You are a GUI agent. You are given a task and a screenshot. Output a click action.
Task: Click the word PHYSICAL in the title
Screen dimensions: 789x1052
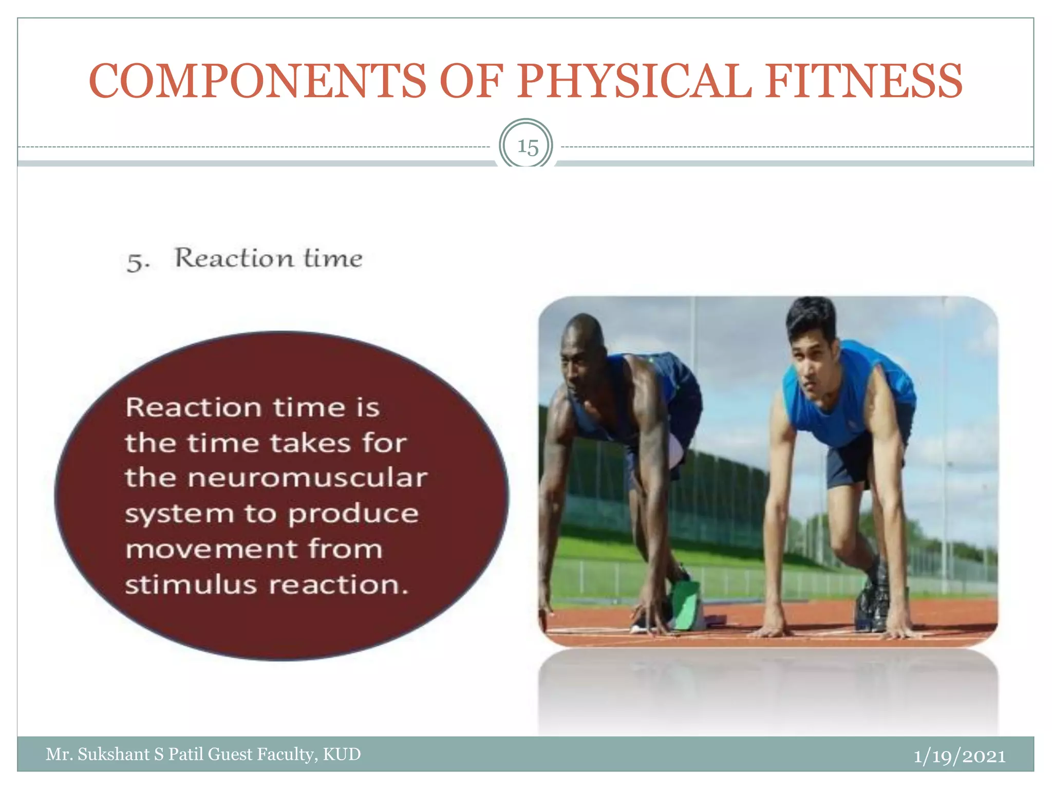click(x=634, y=81)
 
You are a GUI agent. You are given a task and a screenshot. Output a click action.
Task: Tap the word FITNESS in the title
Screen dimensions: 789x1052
click(x=864, y=81)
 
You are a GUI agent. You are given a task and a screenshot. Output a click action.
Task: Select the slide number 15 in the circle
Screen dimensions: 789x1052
click(x=527, y=147)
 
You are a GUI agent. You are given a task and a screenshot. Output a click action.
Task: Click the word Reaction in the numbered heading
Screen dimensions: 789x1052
click(x=234, y=258)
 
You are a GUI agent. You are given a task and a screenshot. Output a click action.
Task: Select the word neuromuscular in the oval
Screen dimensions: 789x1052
click(x=307, y=478)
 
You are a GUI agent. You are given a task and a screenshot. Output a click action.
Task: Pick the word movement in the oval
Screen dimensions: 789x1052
click(x=212, y=549)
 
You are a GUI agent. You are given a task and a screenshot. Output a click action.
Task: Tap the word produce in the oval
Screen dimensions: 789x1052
click(x=353, y=514)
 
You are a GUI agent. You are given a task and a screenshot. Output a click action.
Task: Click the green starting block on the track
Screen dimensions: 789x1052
click(x=686, y=606)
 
